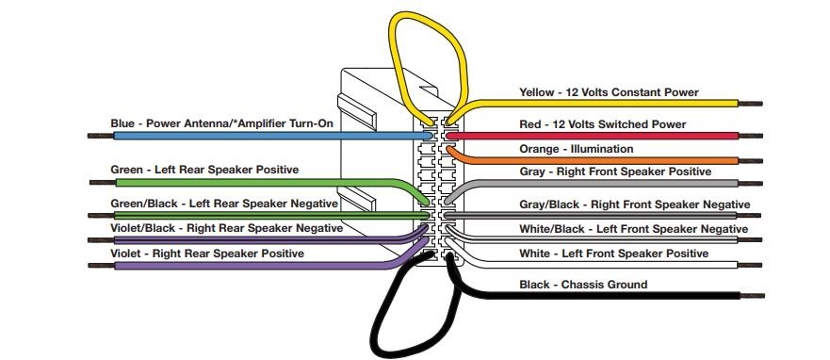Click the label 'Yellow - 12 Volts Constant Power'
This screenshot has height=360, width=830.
(609, 92)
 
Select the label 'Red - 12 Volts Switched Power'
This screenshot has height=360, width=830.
(602, 123)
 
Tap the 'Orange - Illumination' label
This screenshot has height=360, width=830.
(577, 149)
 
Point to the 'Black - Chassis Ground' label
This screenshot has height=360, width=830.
(583, 284)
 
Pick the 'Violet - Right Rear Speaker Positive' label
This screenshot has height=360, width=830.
(207, 254)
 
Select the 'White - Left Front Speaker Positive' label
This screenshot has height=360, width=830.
(613, 254)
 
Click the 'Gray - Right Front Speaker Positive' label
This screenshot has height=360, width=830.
(615, 172)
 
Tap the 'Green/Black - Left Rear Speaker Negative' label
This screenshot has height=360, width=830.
(224, 204)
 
